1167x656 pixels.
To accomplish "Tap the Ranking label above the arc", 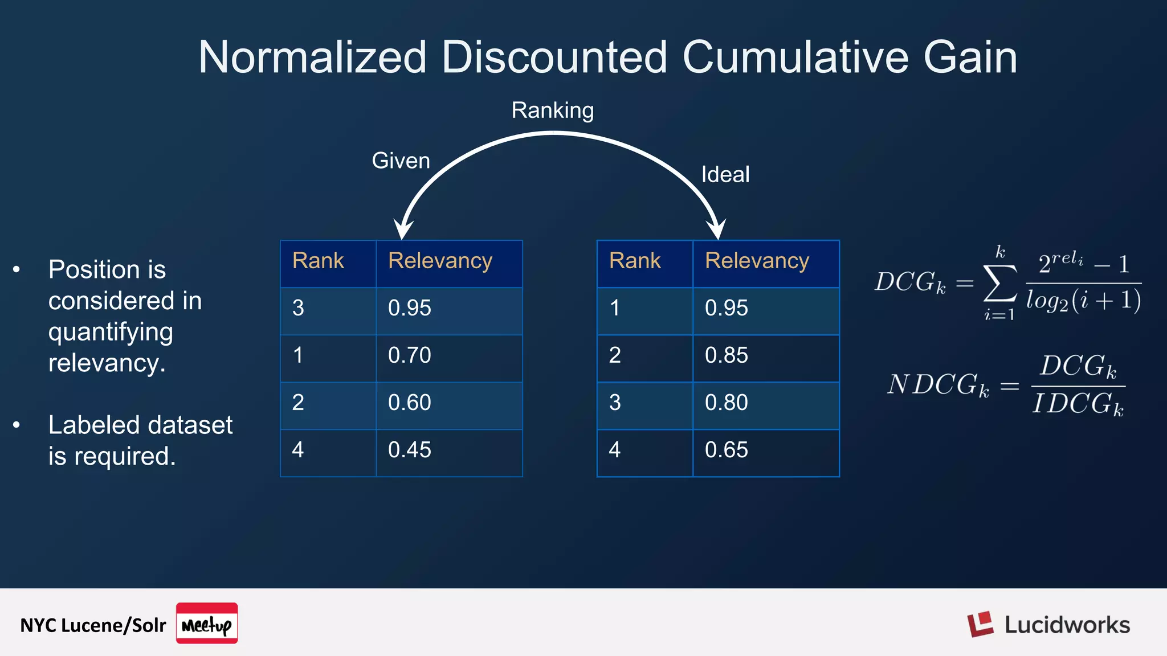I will click(552, 110).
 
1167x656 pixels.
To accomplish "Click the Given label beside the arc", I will click(401, 161).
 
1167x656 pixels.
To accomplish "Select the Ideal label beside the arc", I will click(725, 174).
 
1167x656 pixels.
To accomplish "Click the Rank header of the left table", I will click(318, 261).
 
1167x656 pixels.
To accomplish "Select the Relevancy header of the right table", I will click(757, 261).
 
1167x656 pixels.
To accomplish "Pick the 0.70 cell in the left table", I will click(409, 355).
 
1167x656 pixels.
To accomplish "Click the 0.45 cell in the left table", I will click(409, 450).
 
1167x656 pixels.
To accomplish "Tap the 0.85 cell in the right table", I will click(726, 355).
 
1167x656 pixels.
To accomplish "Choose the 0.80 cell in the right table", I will click(726, 403).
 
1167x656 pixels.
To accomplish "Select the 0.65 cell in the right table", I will click(726, 450).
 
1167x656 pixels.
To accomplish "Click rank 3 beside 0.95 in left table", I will click(298, 308).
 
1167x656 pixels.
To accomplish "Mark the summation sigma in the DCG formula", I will click(1000, 283).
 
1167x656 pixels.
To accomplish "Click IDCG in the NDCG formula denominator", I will click(1077, 404).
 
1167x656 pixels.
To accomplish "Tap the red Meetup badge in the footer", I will click(206, 623).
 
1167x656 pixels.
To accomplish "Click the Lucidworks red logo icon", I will click(980, 624).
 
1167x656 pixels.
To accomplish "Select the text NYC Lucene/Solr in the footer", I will click(93, 625).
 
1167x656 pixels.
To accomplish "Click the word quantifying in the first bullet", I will click(111, 332).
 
